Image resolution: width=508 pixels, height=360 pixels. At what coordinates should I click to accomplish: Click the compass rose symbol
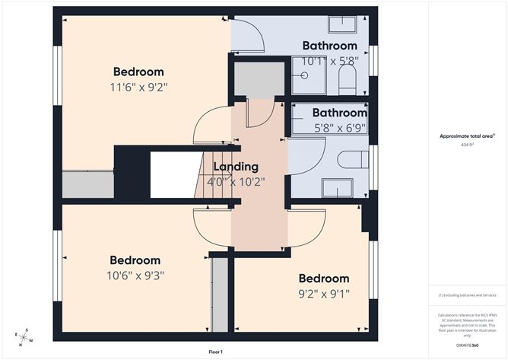click(x=24, y=336)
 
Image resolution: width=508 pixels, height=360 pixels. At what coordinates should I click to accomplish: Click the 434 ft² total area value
click(x=467, y=143)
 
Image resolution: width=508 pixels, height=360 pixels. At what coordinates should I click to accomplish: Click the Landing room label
click(x=236, y=167)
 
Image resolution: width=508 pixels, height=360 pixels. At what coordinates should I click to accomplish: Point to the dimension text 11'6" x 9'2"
click(x=138, y=88)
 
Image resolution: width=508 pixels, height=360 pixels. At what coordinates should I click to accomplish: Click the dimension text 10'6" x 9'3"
click(x=135, y=275)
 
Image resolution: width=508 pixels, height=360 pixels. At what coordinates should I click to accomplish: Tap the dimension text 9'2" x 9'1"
click(x=323, y=293)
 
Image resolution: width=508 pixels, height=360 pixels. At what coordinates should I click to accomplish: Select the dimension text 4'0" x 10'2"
click(x=236, y=181)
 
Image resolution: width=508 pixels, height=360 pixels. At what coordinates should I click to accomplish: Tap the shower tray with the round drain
click(x=306, y=76)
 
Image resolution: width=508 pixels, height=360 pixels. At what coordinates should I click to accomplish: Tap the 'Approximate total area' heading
click(x=467, y=135)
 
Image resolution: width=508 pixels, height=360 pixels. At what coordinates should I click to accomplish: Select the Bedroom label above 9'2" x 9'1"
click(x=323, y=279)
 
